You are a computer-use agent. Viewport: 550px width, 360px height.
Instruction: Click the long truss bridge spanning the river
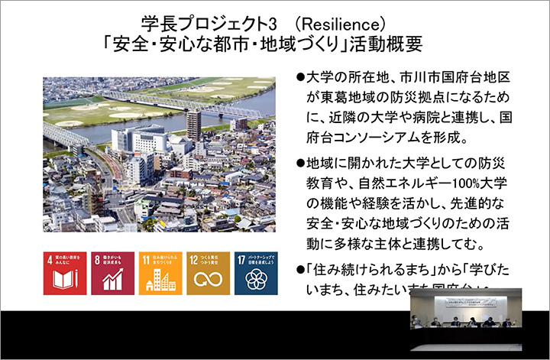[153, 102]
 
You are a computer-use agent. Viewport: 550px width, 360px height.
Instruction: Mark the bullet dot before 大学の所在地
[299, 79]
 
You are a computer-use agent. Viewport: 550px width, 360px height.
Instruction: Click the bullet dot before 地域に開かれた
[299, 166]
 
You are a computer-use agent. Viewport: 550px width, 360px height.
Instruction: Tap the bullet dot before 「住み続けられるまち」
[299, 271]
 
